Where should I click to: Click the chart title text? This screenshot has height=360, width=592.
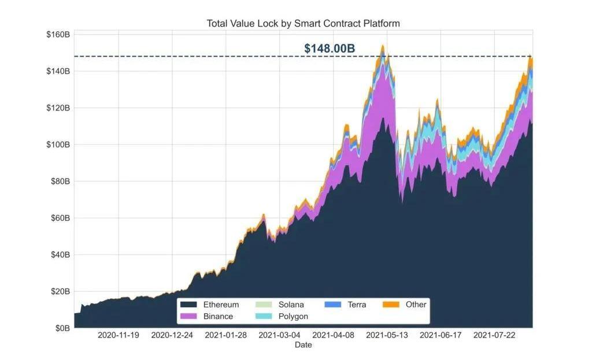pyautogui.click(x=303, y=24)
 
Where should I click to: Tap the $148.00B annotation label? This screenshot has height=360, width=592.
pyautogui.click(x=330, y=49)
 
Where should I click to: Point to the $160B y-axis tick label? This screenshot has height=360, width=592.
pyautogui.click(x=58, y=35)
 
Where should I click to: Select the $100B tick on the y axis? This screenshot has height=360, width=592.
pyautogui.click(x=58, y=144)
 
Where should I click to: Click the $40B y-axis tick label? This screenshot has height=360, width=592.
pyautogui.click(x=60, y=255)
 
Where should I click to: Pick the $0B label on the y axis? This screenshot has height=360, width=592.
pyautogui.click(x=62, y=328)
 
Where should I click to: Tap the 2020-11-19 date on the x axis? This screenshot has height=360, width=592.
pyautogui.click(x=118, y=335)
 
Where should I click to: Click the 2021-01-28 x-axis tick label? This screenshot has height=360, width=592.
pyautogui.click(x=225, y=335)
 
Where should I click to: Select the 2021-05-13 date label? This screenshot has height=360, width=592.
pyautogui.click(x=387, y=335)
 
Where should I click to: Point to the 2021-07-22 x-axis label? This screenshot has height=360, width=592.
pyautogui.click(x=494, y=335)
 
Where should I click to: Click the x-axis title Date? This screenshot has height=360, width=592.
pyautogui.click(x=303, y=345)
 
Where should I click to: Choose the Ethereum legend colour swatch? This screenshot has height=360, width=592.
pyautogui.click(x=188, y=305)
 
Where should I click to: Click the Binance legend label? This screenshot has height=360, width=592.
pyautogui.click(x=218, y=317)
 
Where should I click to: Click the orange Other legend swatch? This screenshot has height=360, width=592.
pyautogui.click(x=391, y=305)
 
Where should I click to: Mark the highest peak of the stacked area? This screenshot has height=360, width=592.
pyautogui.click(x=383, y=45)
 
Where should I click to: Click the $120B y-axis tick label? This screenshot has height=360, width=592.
pyautogui.click(x=58, y=108)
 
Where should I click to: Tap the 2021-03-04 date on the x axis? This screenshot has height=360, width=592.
pyautogui.click(x=279, y=335)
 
